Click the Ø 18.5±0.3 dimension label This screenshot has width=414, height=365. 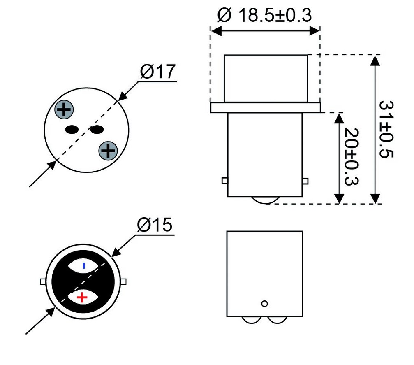[264, 15]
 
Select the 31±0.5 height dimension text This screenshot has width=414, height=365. [386, 129]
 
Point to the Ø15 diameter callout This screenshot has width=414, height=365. [155, 226]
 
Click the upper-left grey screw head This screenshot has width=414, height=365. [64, 110]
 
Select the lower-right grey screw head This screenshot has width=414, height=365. [108, 151]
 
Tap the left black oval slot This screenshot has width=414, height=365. [72, 130]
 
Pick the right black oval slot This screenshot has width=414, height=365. [97, 130]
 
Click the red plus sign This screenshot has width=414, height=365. [83, 297]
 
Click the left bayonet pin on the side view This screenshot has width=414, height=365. [224, 181]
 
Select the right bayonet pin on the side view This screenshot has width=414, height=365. [305, 181]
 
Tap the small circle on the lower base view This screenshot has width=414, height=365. [265, 303]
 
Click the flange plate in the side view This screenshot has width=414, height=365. [265, 107]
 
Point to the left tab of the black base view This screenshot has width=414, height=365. [42, 281]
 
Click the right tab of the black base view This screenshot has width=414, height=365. [124, 281]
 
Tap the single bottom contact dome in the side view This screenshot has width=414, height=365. [265, 200]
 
